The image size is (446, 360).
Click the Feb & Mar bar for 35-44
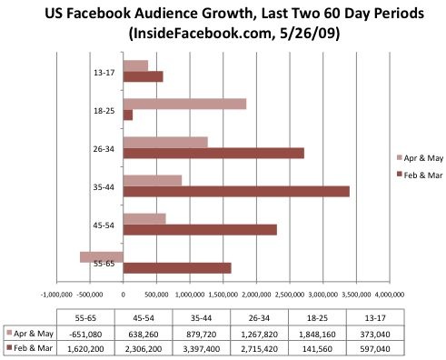click(236, 192)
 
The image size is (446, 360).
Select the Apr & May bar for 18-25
click(184, 104)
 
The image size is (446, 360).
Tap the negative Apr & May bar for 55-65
click(102, 257)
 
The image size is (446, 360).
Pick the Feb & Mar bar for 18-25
click(128, 115)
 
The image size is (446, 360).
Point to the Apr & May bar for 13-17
click(135, 65)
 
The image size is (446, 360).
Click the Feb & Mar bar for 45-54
click(200, 230)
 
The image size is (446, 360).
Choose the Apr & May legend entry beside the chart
click(420, 158)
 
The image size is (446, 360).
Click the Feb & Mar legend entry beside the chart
click(420, 175)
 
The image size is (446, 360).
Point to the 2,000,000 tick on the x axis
click(256, 295)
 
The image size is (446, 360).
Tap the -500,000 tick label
click(90, 295)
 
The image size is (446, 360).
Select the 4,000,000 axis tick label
click(390, 295)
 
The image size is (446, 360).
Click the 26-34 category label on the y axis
click(104, 149)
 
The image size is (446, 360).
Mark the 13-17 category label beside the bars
click(104, 73)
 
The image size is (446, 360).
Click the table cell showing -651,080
click(85, 335)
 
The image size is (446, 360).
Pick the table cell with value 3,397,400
click(202, 349)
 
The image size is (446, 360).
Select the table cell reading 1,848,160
click(317, 335)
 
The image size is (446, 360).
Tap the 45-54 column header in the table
click(144, 318)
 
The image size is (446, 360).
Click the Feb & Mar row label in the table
click(29, 348)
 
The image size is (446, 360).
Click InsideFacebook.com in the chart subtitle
click(201, 34)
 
